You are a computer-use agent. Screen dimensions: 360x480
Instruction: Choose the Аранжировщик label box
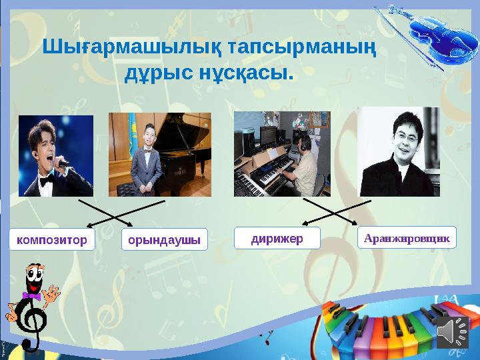point(407,237)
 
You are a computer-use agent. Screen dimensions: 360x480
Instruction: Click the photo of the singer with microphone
point(55,155)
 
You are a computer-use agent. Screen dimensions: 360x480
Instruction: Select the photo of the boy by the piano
point(159,155)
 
